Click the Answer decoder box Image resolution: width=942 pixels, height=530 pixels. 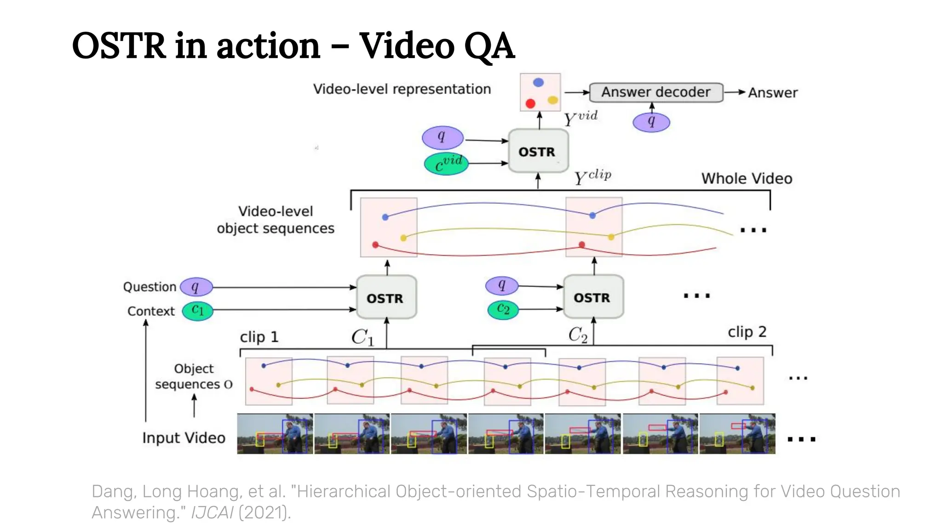656,92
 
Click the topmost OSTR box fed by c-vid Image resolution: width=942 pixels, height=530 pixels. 538,151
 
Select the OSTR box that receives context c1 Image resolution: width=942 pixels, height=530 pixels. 386,298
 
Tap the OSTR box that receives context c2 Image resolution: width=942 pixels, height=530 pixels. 593,297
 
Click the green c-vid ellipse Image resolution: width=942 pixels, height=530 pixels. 446,164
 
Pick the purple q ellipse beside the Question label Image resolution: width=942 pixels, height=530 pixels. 196,287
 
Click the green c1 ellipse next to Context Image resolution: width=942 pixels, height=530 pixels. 198,311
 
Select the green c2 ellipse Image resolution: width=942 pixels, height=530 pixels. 503,309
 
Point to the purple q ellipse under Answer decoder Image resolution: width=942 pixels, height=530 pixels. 651,122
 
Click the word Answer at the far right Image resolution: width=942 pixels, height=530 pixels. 772,93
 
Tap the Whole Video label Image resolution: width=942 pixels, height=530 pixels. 746,179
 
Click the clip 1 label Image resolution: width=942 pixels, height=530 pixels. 259,337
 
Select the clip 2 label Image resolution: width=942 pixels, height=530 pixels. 747,332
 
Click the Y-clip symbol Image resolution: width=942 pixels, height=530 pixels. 592,177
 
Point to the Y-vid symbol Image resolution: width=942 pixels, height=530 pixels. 580,118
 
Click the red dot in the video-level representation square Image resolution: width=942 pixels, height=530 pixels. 530,104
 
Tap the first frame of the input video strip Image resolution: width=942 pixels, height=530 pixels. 275,434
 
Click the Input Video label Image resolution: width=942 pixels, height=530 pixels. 184,438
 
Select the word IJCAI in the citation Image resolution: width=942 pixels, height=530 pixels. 212,513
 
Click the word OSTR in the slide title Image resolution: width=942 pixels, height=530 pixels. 119,46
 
